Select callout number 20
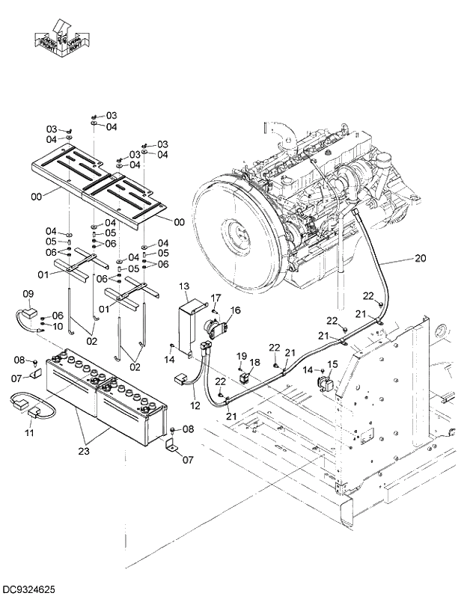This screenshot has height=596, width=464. pyautogui.click(x=420, y=258)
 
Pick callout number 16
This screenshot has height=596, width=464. pyautogui.click(x=235, y=309)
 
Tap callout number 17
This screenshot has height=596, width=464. pyautogui.click(x=216, y=298)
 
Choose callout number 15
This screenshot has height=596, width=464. pyautogui.click(x=333, y=363)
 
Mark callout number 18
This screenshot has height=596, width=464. pyautogui.click(x=255, y=362)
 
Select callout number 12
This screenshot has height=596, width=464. pyautogui.click(x=195, y=405)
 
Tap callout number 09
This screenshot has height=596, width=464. pyautogui.click(x=28, y=293)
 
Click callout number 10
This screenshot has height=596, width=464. pyautogui.click(x=58, y=325)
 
